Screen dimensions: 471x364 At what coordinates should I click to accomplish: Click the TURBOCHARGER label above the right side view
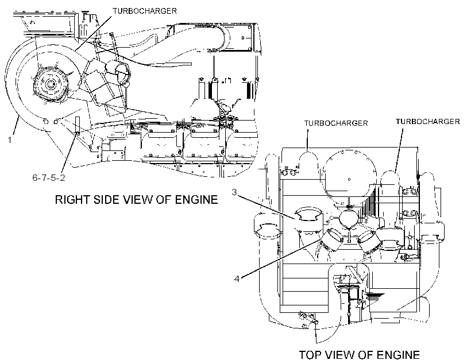145,11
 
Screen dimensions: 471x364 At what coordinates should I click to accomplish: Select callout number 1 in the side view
10,140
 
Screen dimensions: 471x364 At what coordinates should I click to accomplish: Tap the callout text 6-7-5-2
49,178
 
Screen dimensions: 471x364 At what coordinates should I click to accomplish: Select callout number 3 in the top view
234,192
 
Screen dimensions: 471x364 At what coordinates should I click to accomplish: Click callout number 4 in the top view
237,279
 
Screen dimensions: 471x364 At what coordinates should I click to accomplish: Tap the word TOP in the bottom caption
311,355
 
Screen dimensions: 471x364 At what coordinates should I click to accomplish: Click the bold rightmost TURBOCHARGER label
428,122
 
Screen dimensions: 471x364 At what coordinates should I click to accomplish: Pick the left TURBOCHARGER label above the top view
336,123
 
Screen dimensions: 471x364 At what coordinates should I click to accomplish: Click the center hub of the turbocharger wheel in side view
49,83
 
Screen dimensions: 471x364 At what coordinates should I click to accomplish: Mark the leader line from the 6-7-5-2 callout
70,153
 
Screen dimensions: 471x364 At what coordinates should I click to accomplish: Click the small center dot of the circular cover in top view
349,180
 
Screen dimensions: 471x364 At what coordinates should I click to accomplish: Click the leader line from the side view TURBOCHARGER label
93,32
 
